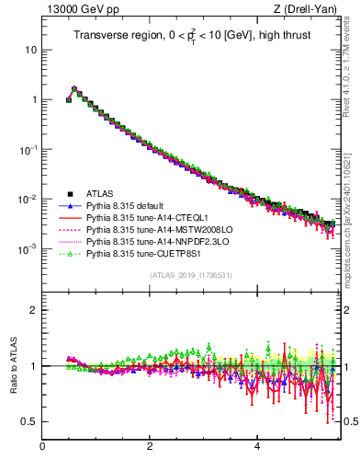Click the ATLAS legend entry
click(101, 194)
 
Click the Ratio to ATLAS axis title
click(13, 365)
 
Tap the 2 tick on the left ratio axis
click(34, 310)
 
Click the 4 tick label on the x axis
click(257, 448)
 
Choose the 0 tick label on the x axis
click(42, 448)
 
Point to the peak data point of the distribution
click(74, 90)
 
